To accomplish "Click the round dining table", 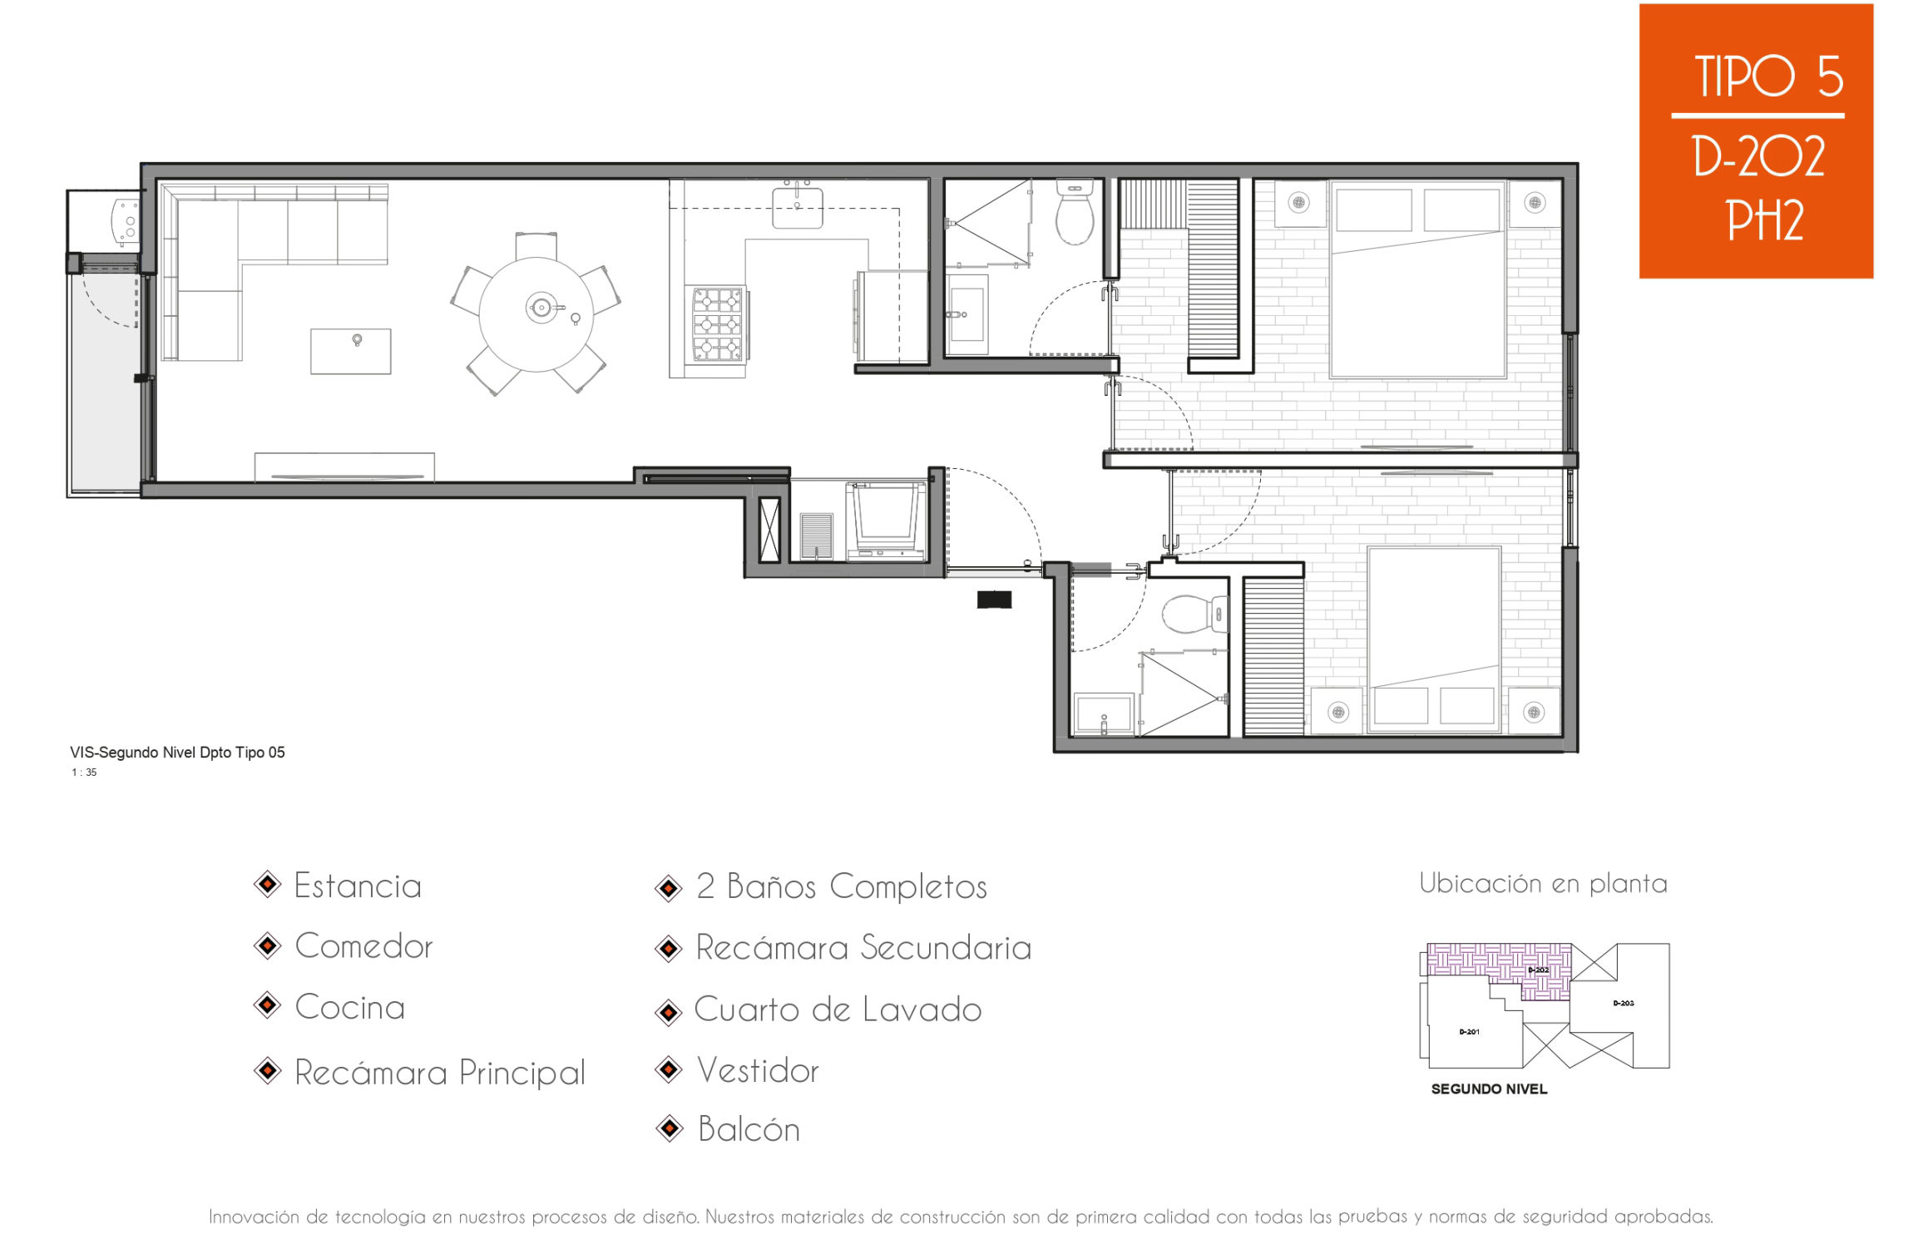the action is (536, 314).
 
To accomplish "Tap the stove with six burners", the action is (717, 324).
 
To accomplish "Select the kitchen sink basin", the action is (797, 208).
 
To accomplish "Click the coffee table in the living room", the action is (350, 351).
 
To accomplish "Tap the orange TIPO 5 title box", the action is (1756, 141).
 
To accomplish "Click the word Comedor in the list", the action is (363, 946).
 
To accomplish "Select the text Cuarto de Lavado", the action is (838, 1010).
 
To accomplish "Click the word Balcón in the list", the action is (749, 1129).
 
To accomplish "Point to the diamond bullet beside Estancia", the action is (268, 884).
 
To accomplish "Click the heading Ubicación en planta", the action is (1543, 883).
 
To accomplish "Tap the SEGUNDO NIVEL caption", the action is (1489, 1089).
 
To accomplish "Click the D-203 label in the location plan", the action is (1624, 1003).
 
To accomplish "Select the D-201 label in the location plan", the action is (1470, 1032).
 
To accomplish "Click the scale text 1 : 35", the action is (84, 773).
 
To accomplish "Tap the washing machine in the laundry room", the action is (887, 520).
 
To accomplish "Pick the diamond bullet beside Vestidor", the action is (670, 1069).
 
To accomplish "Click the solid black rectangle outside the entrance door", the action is (994, 599).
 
